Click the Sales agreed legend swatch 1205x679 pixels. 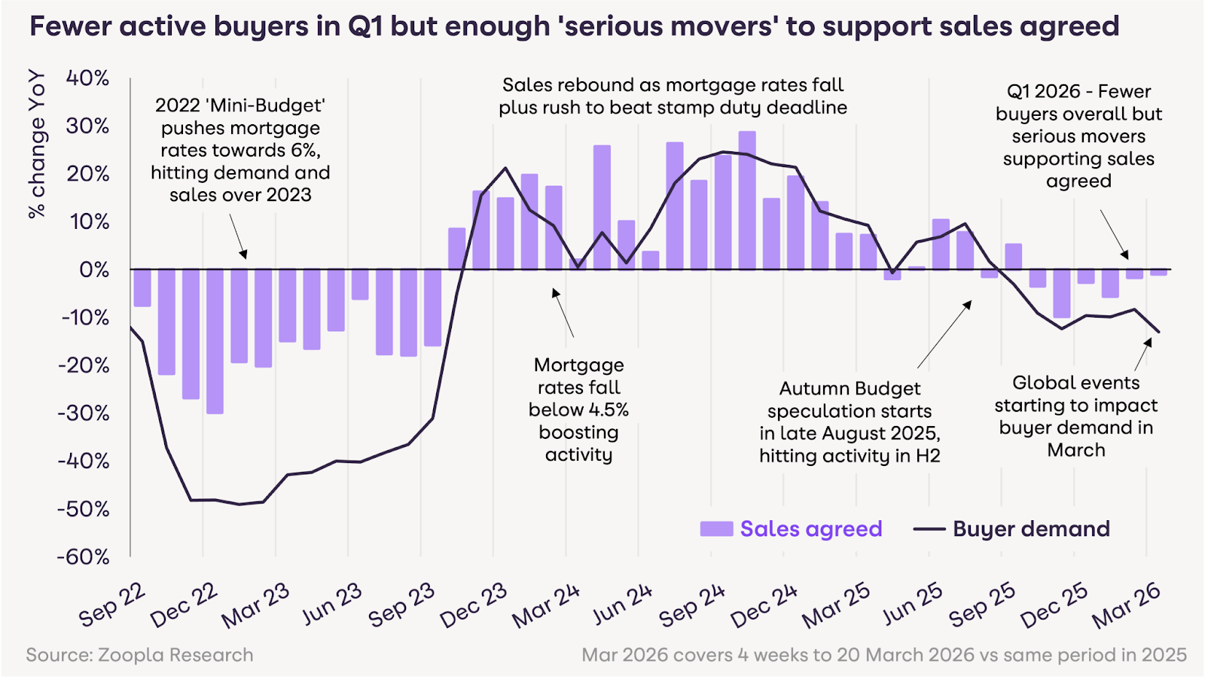click(716, 528)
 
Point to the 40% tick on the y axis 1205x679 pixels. click(87, 78)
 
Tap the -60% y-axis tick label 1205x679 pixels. click(84, 557)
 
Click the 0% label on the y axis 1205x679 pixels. click(93, 269)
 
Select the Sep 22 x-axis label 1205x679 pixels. click(112, 604)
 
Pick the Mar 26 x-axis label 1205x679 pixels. click(1126, 605)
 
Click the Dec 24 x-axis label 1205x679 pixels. click(763, 605)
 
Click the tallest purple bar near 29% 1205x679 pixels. click(747, 200)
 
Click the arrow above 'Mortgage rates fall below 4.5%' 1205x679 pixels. click(563, 312)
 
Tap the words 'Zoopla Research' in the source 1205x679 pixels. click(175, 655)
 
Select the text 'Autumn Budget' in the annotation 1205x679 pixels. click(850, 388)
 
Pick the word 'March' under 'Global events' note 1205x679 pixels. click(1076, 450)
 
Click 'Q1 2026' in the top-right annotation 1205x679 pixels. click(1043, 92)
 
